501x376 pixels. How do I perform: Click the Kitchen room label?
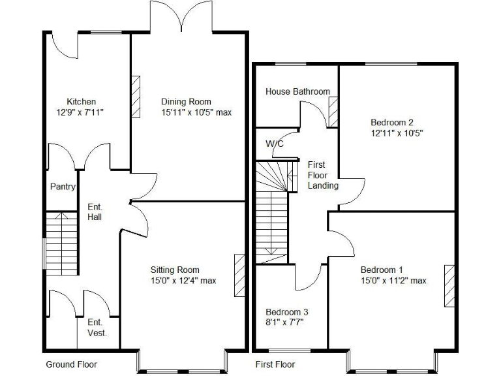(82, 101)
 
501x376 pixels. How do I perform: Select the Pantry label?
(63, 187)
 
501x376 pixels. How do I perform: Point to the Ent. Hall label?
(95, 211)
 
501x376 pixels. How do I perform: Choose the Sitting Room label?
(175, 270)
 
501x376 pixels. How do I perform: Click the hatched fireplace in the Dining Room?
(136, 97)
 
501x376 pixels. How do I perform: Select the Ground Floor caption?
(71, 364)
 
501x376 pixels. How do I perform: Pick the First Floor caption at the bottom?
(274, 364)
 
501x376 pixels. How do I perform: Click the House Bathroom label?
(297, 91)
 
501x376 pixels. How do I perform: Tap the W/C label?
(275, 144)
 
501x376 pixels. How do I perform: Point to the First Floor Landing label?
(323, 175)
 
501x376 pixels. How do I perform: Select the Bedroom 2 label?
(393, 122)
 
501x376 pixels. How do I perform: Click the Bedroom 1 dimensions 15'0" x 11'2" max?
(393, 281)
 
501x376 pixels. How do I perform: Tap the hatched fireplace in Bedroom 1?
(449, 285)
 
